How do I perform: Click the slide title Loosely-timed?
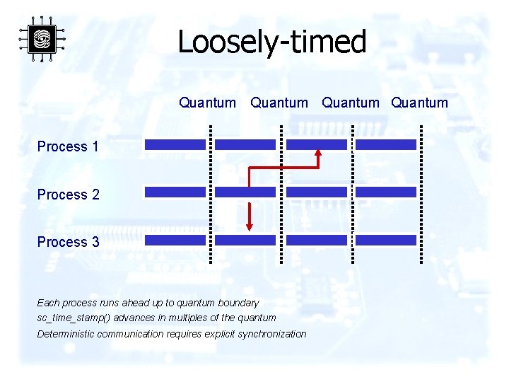[x=271, y=42]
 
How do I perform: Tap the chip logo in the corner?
[x=42, y=39]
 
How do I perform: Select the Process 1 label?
[x=68, y=146]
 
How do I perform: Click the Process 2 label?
[x=68, y=195]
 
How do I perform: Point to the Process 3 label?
[x=68, y=242]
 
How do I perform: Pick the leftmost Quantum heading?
[x=207, y=103]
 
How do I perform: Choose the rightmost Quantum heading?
[x=419, y=103]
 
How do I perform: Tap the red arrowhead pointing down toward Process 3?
[x=249, y=226]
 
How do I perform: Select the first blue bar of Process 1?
[x=175, y=144]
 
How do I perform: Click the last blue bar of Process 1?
[x=385, y=144]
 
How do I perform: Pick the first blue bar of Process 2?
[x=175, y=192]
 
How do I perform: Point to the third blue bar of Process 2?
[x=316, y=192]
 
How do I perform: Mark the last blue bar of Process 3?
[x=385, y=240]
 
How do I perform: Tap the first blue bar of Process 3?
[x=175, y=240]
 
